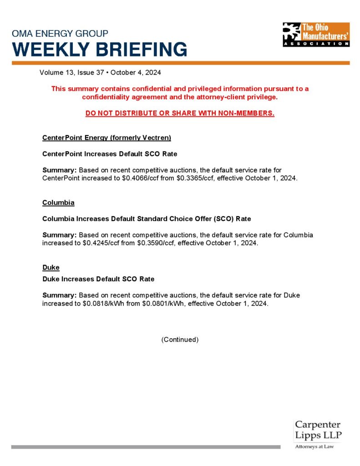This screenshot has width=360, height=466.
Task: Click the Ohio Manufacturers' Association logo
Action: pos(316,34)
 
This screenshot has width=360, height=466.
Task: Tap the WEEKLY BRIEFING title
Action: pos(99,49)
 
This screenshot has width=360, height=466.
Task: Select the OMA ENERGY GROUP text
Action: pos(60,34)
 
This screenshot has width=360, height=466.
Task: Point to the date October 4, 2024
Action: pos(136,72)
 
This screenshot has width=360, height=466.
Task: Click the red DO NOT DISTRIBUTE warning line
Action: pos(180,113)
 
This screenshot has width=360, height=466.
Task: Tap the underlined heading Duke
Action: pos(51,267)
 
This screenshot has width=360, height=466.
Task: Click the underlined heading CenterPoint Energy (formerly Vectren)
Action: pos(106,137)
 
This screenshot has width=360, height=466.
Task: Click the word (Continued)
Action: pos(180,339)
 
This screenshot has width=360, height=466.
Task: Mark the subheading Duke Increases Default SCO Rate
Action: pos(98,279)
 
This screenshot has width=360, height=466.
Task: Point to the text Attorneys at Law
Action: pos(314,447)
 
